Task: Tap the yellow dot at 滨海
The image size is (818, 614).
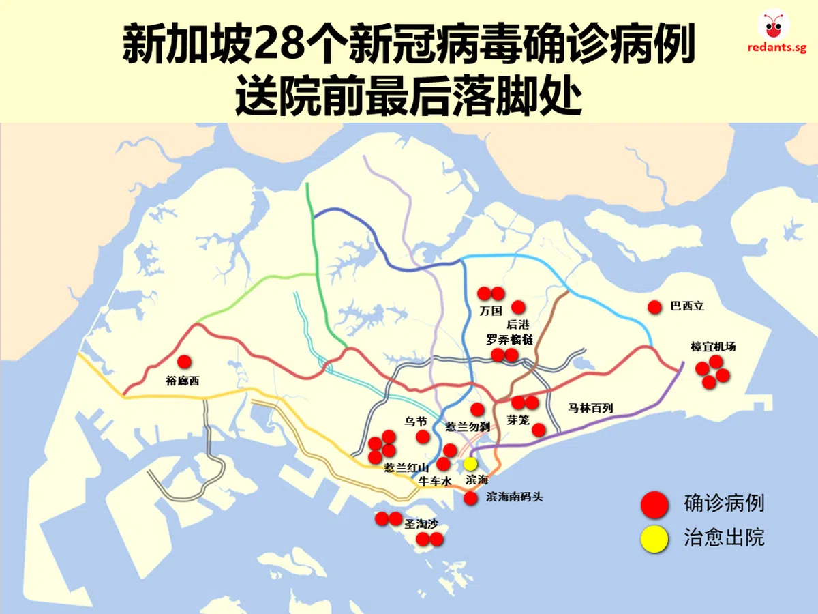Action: (470, 464)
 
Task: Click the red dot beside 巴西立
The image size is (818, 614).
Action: (655, 307)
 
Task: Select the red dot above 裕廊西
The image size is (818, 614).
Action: (184, 362)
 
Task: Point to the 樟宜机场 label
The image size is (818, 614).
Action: (713, 347)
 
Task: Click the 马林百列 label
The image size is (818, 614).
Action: (591, 408)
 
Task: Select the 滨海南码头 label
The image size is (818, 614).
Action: (515, 497)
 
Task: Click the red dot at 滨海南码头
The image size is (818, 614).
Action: (470, 498)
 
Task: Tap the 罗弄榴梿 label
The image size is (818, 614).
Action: (510, 339)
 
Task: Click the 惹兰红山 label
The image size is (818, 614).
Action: (406, 467)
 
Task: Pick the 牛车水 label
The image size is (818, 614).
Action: (435, 482)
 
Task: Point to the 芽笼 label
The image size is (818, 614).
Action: (518, 420)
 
